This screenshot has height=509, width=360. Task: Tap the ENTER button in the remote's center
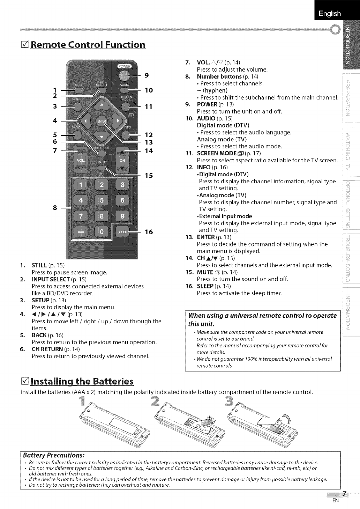(101, 121)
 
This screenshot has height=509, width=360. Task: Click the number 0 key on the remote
(102, 232)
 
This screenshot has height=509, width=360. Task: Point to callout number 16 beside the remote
(149, 232)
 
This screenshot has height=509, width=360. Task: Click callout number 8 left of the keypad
(54, 208)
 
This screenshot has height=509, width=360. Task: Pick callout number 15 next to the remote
(149, 175)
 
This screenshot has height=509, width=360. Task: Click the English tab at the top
(329, 13)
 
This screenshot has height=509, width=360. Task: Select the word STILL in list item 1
(39, 265)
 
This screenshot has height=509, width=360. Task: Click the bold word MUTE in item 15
(205, 272)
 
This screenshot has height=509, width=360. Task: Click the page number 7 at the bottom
(345, 494)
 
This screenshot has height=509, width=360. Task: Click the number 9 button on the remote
(122, 216)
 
